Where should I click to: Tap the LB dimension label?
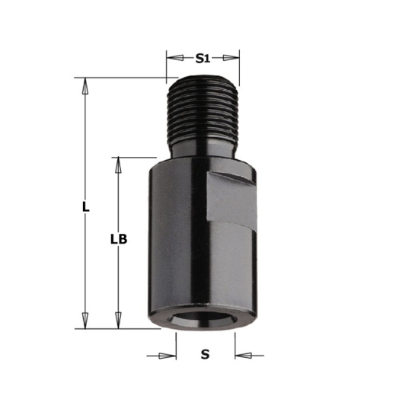[x=118, y=239]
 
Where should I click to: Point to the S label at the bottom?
[x=205, y=354]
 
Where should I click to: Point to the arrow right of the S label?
[x=242, y=355]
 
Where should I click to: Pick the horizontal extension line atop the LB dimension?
[x=129, y=158]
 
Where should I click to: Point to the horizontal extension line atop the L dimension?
[x=122, y=77]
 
